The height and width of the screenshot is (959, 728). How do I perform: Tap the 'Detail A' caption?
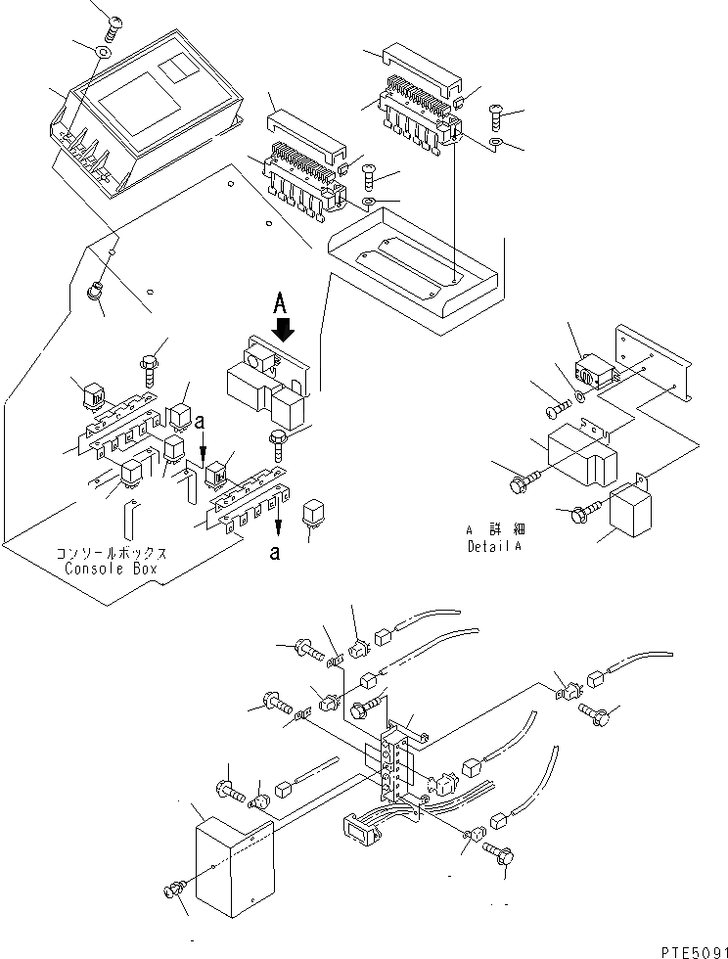494,546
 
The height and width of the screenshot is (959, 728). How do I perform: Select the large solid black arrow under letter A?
283,330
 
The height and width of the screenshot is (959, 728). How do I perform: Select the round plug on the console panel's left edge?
97,291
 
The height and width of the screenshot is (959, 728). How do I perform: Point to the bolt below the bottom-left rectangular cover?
172,892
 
